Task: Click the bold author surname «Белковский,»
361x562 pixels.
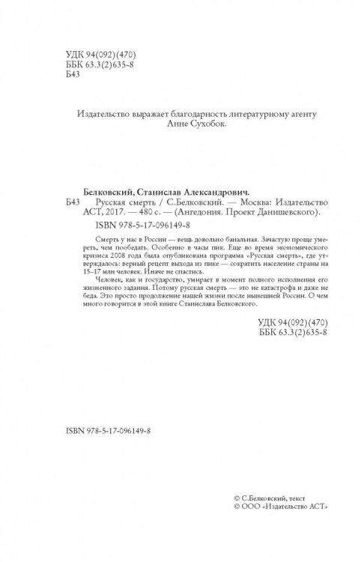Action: (105, 192)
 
